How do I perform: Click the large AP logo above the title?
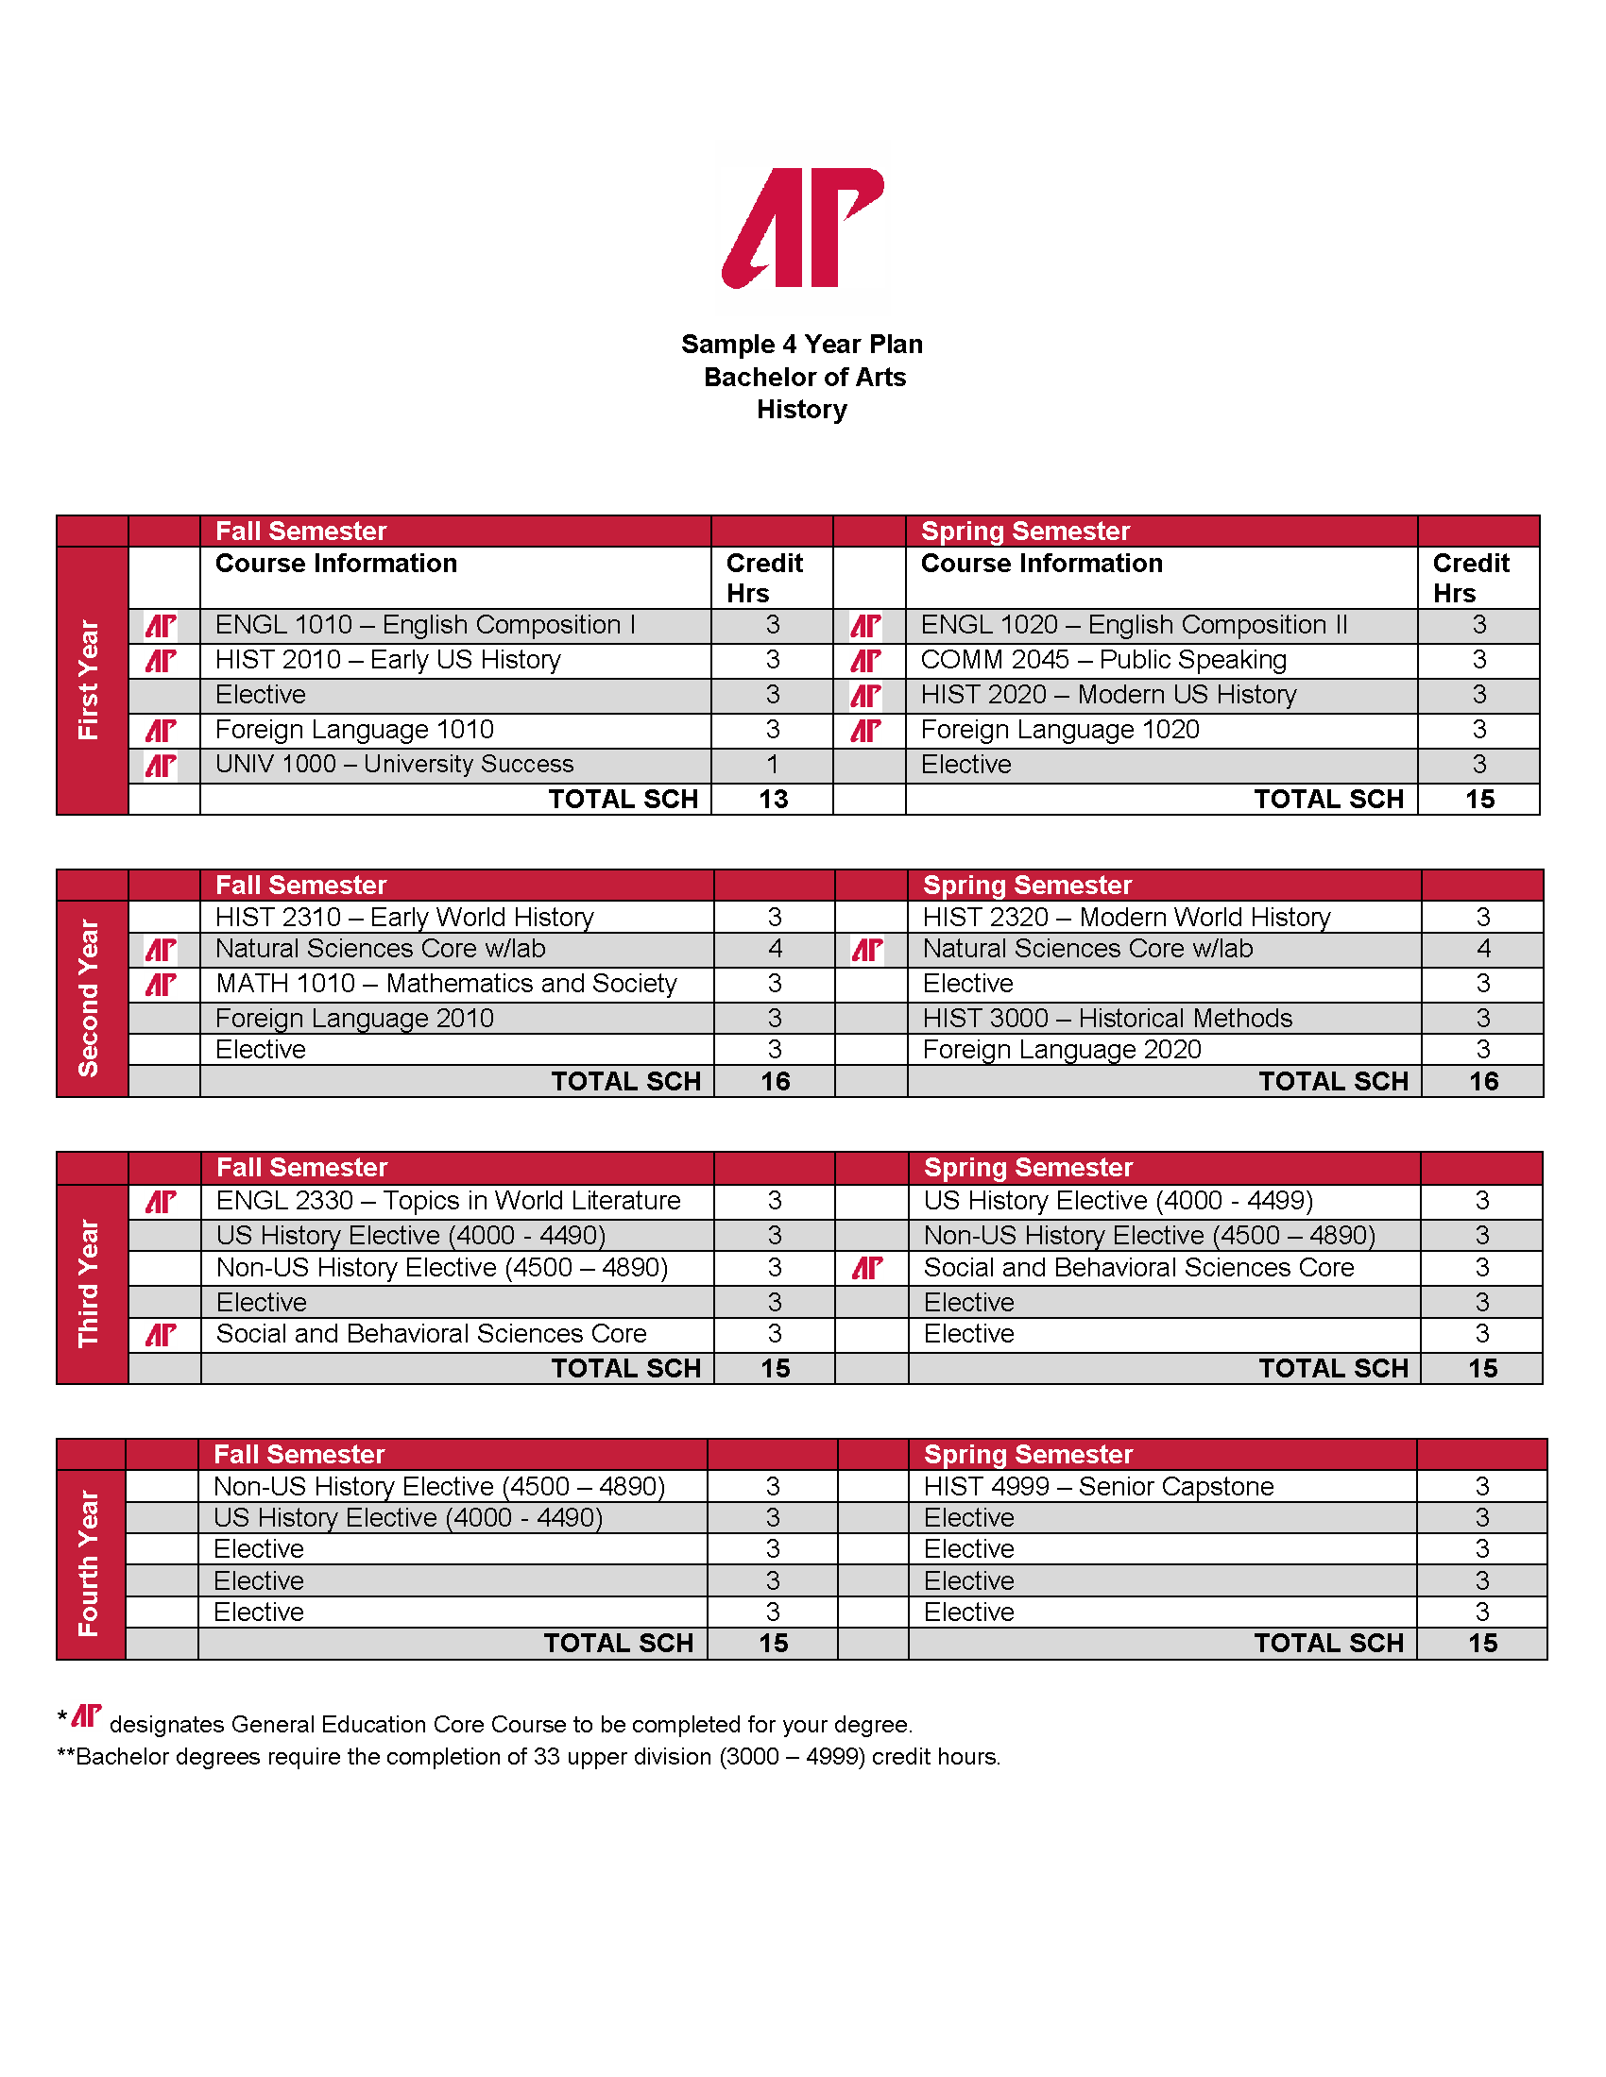pyautogui.click(x=803, y=228)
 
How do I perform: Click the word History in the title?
pyautogui.click(x=802, y=410)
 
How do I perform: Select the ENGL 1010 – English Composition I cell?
pyautogui.click(x=424, y=625)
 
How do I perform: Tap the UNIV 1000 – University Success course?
pyautogui.click(x=394, y=765)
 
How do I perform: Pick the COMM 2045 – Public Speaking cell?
pyautogui.click(x=1102, y=660)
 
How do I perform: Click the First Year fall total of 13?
pyautogui.click(x=773, y=799)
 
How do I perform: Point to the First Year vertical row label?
pyautogui.click(x=90, y=680)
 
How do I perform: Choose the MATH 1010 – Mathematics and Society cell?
pyautogui.click(x=446, y=984)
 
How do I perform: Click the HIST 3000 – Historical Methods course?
pyautogui.click(x=1106, y=1019)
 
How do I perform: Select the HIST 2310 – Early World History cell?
pyautogui.click(x=404, y=917)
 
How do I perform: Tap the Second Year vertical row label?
pyautogui.click(x=90, y=998)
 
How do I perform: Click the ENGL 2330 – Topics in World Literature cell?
pyautogui.click(x=448, y=1200)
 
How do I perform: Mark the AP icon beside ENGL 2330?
pyautogui.click(x=161, y=1202)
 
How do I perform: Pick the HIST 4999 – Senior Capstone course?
pyautogui.click(x=1098, y=1486)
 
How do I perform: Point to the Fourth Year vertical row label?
pyautogui.click(x=90, y=1563)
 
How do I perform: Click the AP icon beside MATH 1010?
pyautogui.click(x=161, y=985)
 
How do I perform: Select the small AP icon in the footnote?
pyautogui.click(x=87, y=1715)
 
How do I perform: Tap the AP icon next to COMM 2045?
pyautogui.click(x=865, y=661)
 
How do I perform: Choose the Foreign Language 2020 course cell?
pyautogui.click(x=1062, y=1050)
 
